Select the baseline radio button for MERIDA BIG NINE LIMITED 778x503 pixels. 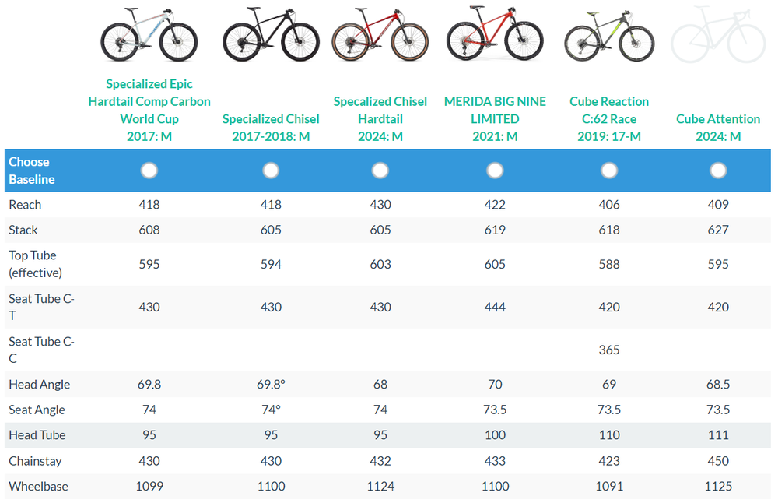pos(495,171)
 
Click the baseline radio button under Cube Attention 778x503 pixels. pos(718,171)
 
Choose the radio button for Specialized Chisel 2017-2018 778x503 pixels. pos(271,171)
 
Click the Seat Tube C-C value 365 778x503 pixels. pos(609,350)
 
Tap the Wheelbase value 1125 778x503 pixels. pos(718,487)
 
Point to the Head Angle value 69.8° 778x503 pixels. pos(271,385)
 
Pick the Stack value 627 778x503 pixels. pos(718,230)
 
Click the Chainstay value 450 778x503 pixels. pos(718,461)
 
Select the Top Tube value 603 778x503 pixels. pos(380,264)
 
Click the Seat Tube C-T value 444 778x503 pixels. pos(495,308)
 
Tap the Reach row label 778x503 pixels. pos(25,205)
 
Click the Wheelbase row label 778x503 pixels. pos(38,487)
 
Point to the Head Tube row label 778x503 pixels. pos(37,435)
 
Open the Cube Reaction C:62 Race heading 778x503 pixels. pos(608,119)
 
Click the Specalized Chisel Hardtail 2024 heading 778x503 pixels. pos(380,119)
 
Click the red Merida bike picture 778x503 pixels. pos(495,34)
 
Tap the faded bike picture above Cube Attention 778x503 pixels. pos(718,34)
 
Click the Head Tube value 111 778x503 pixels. pos(718,435)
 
